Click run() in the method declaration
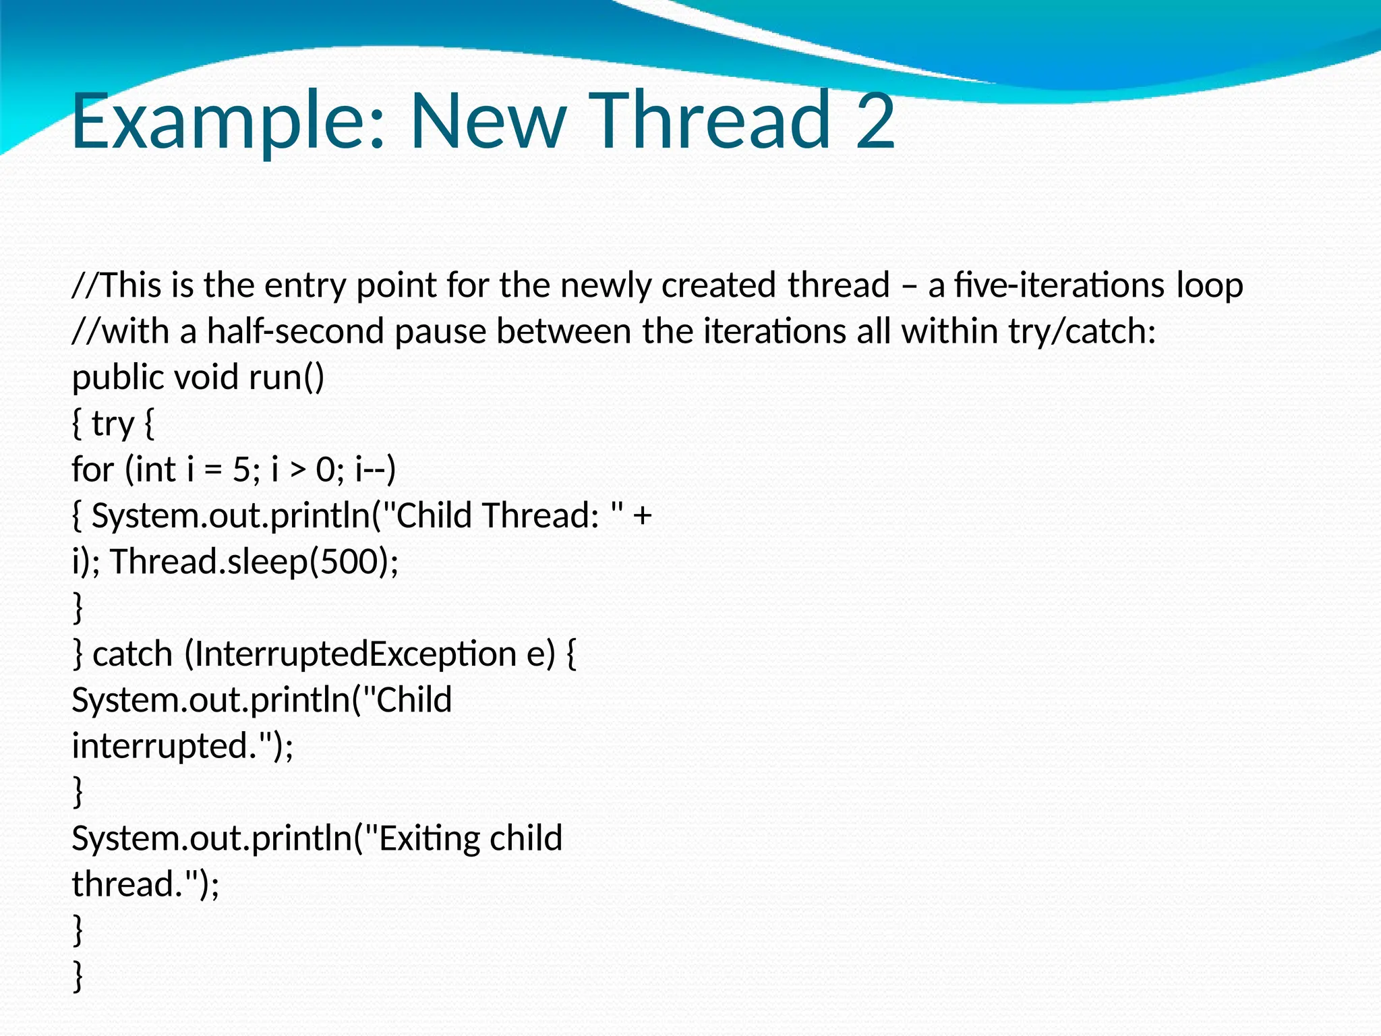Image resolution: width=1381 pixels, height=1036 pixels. (x=287, y=378)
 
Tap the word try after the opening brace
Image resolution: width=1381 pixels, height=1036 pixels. (x=113, y=424)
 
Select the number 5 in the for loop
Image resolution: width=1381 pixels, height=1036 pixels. (x=241, y=469)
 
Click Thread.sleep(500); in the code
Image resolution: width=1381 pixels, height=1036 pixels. (x=254, y=562)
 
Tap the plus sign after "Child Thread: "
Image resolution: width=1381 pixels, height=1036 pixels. (x=643, y=517)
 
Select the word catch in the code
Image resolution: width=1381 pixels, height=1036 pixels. (x=132, y=654)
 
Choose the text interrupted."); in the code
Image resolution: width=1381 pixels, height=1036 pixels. (x=183, y=747)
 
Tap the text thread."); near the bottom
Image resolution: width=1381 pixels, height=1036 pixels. (x=146, y=884)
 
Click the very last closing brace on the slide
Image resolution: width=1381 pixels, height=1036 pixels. (x=78, y=977)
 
